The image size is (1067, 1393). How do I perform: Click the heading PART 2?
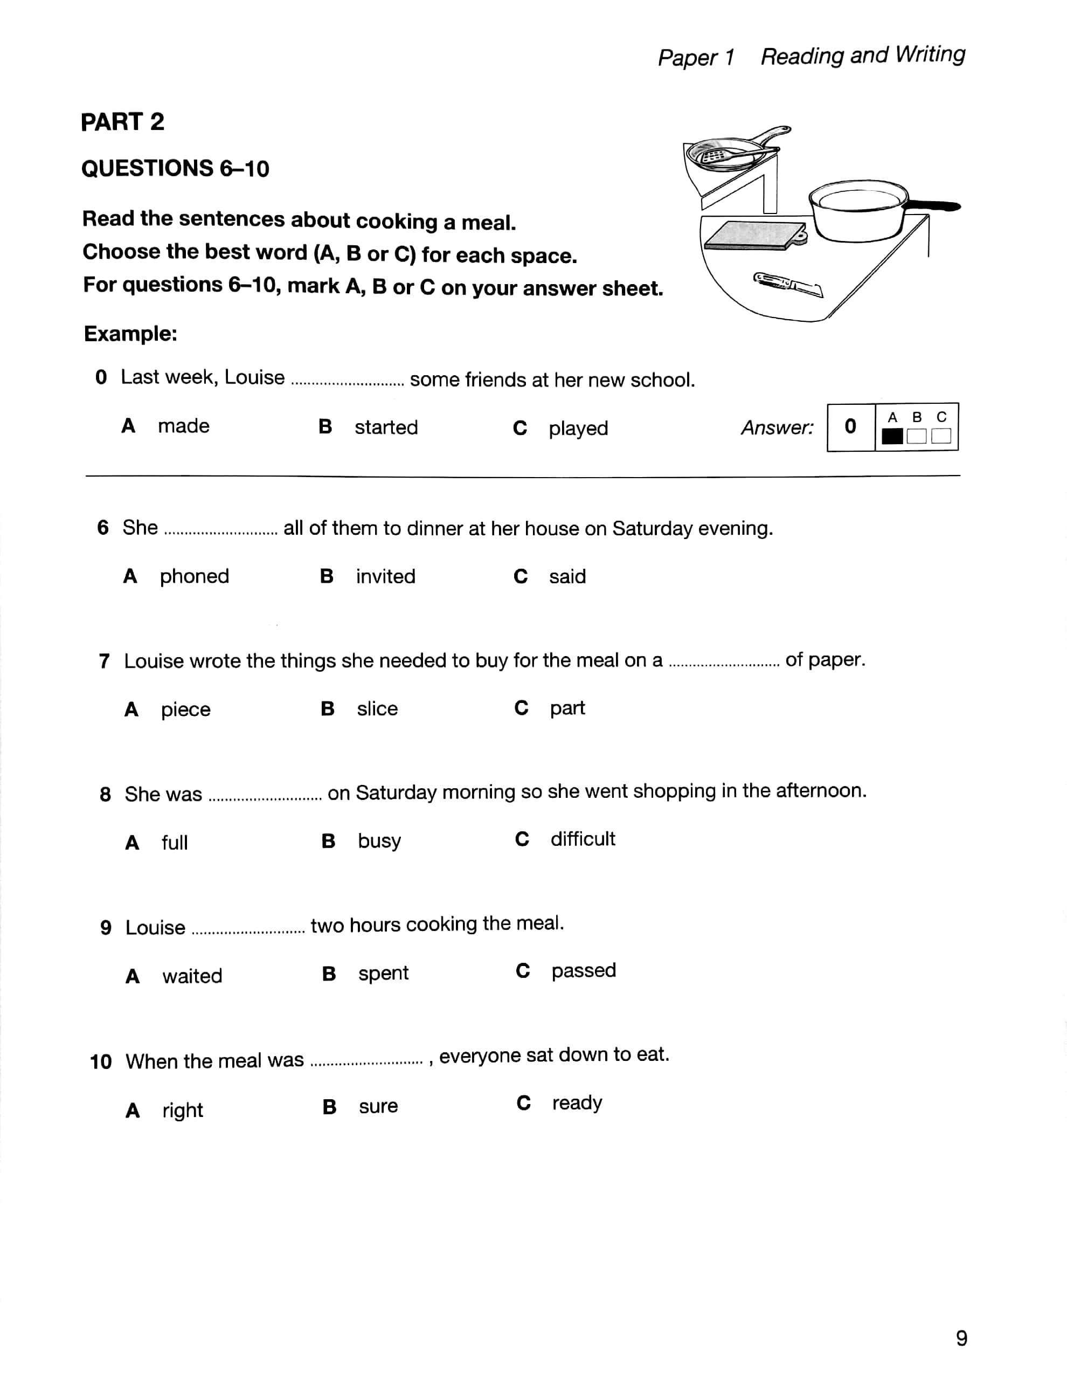pyautogui.click(x=122, y=121)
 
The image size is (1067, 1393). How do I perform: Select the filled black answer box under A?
pyautogui.click(x=892, y=436)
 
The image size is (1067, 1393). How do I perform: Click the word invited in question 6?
pyautogui.click(x=385, y=576)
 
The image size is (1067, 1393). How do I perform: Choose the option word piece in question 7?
pyautogui.click(x=185, y=709)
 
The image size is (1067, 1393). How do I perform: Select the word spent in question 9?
pyautogui.click(x=383, y=973)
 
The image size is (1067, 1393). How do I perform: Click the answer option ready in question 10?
pyautogui.click(x=577, y=1103)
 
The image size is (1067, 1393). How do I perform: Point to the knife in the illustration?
pyautogui.click(x=787, y=284)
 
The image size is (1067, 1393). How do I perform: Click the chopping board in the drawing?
pyautogui.click(x=754, y=235)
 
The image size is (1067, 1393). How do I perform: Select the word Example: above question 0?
pyautogui.click(x=130, y=334)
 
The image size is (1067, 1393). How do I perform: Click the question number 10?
pyautogui.click(x=100, y=1061)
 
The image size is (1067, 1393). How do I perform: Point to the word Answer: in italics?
pyautogui.click(x=776, y=427)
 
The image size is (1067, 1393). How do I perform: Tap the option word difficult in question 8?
pyautogui.click(x=583, y=839)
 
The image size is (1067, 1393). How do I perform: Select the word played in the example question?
pyautogui.click(x=578, y=428)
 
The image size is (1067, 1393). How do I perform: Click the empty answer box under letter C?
pyautogui.click(x=940, y=436)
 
